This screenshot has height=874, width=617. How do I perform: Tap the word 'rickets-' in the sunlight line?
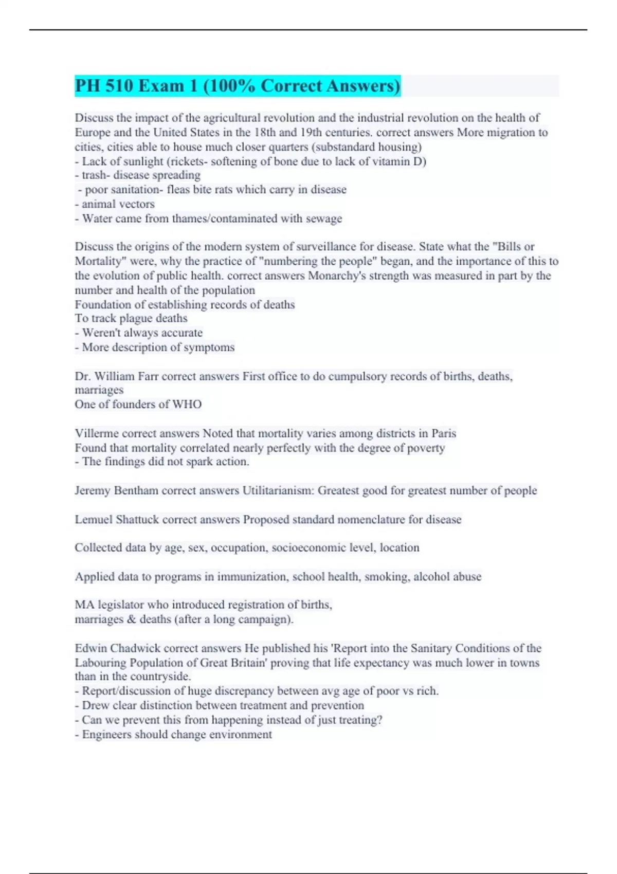click(188, 161)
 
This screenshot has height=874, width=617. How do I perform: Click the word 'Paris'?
click(444, 433)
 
